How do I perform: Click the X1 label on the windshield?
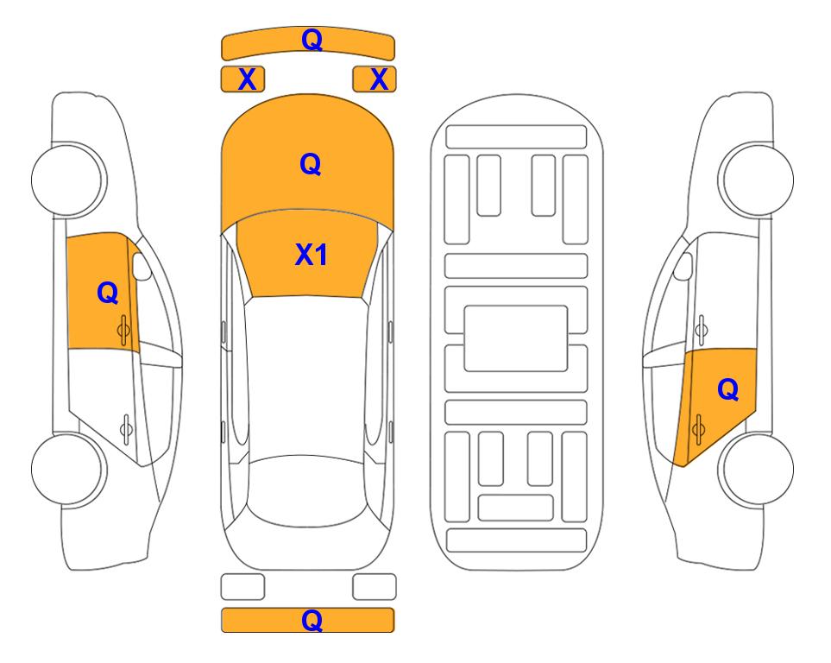312,255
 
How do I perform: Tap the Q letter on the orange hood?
311,164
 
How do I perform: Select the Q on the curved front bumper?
312,40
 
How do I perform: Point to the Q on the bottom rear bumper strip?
312,620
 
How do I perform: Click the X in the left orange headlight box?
247,79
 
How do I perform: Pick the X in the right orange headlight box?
379,79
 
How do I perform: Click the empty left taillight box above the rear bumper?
242,587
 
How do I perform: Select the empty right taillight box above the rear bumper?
375,587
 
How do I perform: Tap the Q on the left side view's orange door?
108,293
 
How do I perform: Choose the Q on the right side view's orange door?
728,390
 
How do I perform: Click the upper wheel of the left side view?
68,180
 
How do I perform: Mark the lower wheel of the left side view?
67,469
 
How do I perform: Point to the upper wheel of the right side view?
756,180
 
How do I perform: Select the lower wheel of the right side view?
756,470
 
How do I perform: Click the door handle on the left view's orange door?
123,330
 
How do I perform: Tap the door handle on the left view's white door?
126,428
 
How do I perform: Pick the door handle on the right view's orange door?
698,430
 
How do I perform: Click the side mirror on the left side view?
142,266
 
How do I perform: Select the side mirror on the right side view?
683,266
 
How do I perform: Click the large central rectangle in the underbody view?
516,338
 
